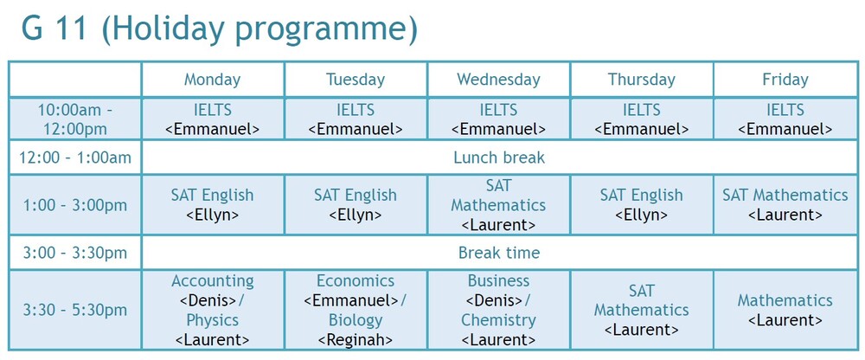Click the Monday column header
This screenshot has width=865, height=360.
(213, 80)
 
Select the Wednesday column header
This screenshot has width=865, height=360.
(498, 80)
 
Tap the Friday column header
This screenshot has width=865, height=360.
(785, 80)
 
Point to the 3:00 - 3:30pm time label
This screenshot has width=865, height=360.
(75, 253)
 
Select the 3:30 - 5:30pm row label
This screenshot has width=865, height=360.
(75, 310)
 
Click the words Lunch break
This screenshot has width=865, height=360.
(499, 157)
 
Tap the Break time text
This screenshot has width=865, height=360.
(499, 253)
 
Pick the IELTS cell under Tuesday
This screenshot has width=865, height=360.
(356, 119)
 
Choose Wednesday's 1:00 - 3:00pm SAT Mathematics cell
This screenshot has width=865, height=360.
(499, 205)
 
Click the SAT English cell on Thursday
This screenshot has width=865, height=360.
(642, 205)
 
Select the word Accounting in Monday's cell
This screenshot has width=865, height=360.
(213, 280)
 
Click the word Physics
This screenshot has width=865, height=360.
(213, 320)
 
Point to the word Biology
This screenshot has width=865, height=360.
(356, 320)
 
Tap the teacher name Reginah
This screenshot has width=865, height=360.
(356, 340)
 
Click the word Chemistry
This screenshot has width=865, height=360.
(498, 320)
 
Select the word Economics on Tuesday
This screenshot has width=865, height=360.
(356, 280)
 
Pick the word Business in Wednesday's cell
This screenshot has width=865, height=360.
(499, 280)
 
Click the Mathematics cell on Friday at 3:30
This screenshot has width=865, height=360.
(785, 310)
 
